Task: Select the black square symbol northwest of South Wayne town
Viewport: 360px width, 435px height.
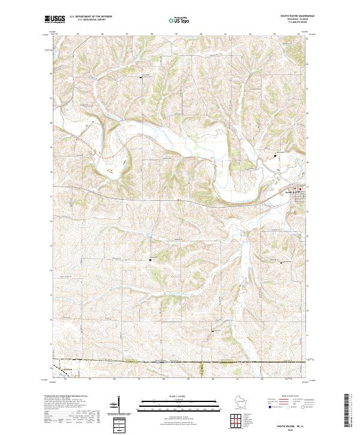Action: pyautogui.click(x=275, y=155)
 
